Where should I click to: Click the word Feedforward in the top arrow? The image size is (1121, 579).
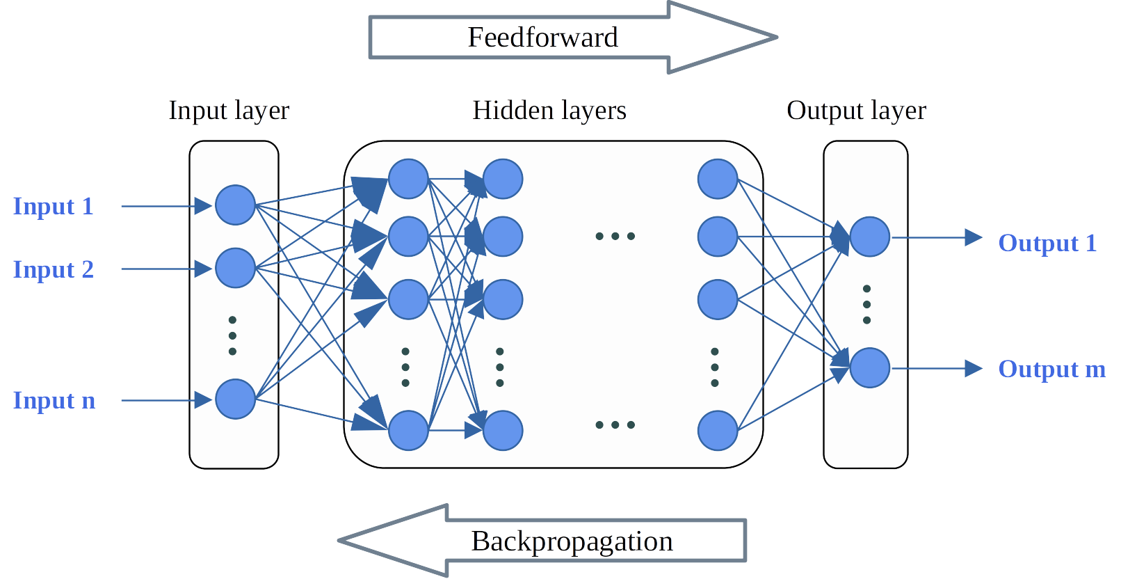click(542, 38)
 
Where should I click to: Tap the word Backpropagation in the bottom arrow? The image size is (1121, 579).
click(572, 541)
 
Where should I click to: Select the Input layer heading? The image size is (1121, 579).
click(229, 111)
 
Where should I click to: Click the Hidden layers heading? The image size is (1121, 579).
click(549, 111)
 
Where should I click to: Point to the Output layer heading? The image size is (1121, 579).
click(856, 111)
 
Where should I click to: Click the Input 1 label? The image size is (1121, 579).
click(53, 206)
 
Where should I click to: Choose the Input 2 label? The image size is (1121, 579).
click(53, 269)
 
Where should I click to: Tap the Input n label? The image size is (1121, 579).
click(54, 400)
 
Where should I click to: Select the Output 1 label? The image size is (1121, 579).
click(1047, 243)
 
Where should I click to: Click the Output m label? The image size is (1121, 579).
click(1051, 369)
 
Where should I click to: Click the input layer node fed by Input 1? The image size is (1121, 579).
click(235, 205)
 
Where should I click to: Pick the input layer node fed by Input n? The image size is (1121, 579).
click(235, 399)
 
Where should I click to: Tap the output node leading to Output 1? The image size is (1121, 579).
click(869, 237)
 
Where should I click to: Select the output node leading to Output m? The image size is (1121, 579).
click(869, 367)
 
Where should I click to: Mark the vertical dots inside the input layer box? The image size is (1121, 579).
click(232, 335)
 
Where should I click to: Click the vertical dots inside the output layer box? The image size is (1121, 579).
click(866, 304)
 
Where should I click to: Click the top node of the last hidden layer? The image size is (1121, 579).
click(717, 179)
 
